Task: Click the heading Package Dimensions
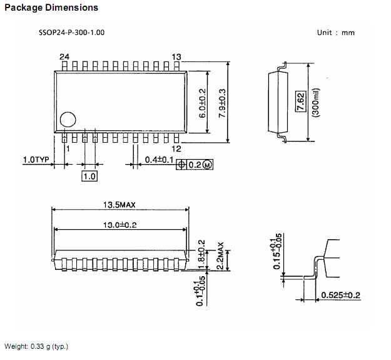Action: [52, 8]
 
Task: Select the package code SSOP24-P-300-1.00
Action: [71, 32]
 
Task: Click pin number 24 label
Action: [64, 57]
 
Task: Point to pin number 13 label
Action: [176, 57]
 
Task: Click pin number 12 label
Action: [176, 148]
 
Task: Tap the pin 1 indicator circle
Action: [67, 119]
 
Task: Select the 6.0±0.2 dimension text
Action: [202, 103]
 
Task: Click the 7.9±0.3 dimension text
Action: [221, 103]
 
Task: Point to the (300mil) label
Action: [317, 103]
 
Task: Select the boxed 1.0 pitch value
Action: [89, 177]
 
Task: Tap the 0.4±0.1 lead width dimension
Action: [161, 161]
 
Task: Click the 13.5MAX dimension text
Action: [121, 205]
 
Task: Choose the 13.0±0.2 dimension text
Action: [121, 224]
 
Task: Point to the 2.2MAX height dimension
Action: [220, 256]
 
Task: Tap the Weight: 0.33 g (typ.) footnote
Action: [36, 346]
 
